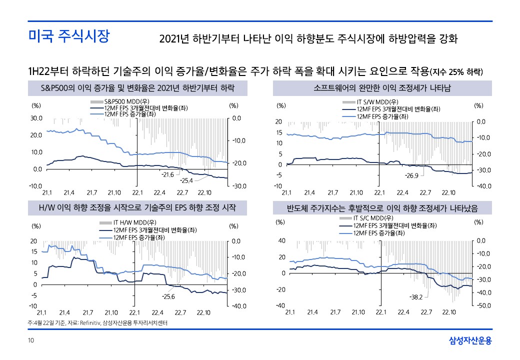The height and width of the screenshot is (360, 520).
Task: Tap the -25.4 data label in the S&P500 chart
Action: coord(186,180)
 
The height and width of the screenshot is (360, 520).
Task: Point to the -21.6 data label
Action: coord(167,174)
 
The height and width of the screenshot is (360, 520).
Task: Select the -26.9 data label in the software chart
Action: coord(411,176)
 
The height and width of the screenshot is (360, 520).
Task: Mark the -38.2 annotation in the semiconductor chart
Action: coord(416,297)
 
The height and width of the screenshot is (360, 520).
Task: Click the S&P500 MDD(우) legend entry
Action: coord(121,101)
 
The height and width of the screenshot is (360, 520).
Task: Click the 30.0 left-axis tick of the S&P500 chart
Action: coord(37,118)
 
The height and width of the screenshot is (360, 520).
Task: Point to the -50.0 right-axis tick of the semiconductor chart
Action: coord(485,305)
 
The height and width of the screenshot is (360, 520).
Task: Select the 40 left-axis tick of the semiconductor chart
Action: coord(282,241)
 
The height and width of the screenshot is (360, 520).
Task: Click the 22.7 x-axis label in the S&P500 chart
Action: coord(182,192)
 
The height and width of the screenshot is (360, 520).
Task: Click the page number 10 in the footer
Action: coord(31,341)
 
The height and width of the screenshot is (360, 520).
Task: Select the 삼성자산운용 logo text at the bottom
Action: coord(470,341)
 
